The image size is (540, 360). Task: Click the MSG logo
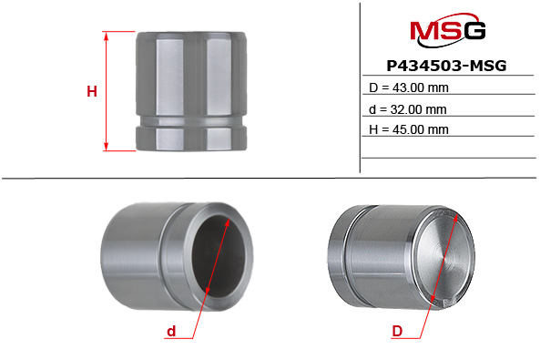click(447, 34)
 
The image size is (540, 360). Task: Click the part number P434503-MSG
click(447, 67)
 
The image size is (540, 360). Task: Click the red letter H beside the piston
click(91, 91)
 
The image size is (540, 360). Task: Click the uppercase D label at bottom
click(397, 333)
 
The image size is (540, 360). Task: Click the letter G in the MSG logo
click(472, 34)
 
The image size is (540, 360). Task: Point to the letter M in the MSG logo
click(424, 34)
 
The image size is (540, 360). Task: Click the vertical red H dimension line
click(107, 91)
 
